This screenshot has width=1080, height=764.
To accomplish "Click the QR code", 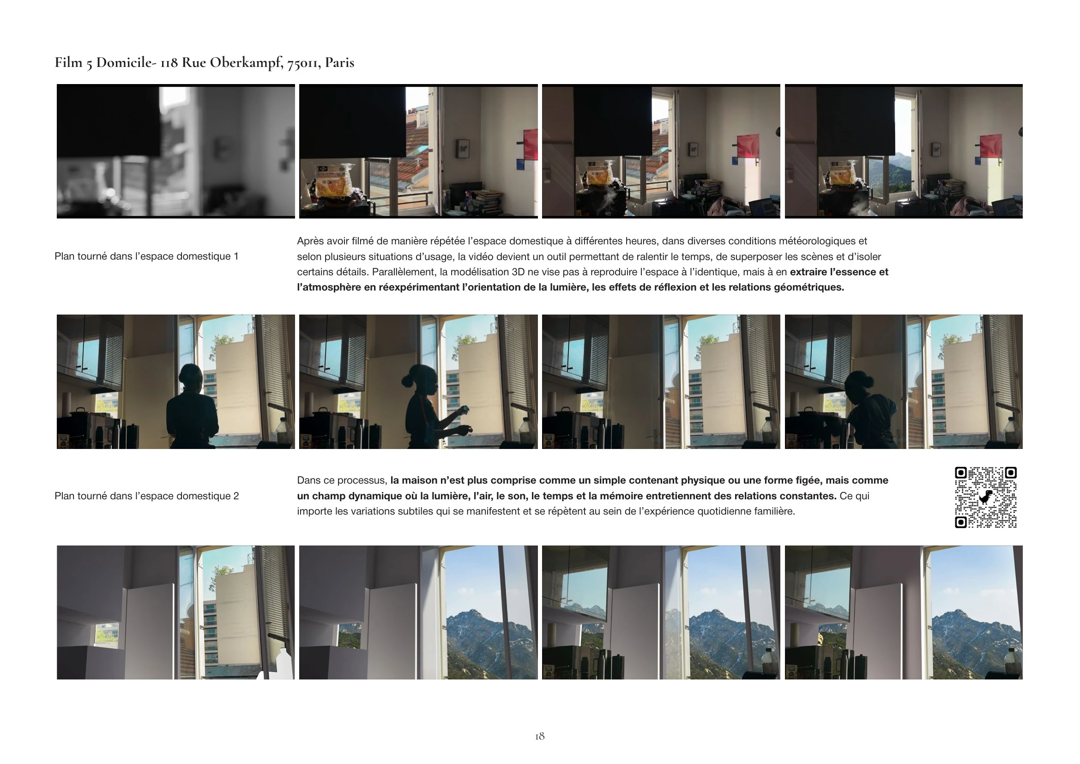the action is point(985,497).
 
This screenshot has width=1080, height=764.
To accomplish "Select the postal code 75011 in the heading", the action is point(304,63).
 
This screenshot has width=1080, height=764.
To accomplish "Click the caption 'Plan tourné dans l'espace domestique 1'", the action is point(146,256).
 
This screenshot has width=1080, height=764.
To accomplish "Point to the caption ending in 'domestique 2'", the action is point(147,496).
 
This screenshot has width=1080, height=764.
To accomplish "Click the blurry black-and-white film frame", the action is point(176,151).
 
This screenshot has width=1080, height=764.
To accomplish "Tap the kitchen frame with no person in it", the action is point(661,382).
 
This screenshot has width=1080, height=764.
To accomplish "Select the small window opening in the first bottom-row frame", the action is point(107,634).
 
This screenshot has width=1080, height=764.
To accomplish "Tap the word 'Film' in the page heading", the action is point(69,62).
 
